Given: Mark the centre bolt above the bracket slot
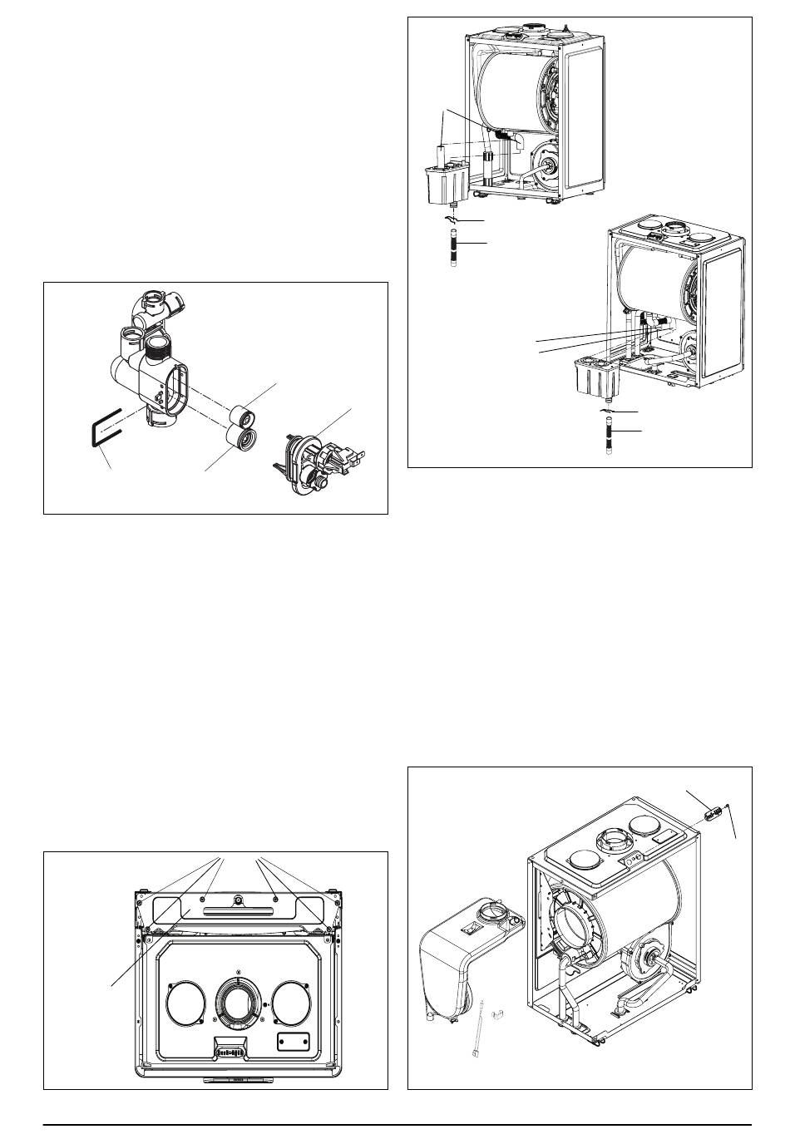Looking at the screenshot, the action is point(239,900).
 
